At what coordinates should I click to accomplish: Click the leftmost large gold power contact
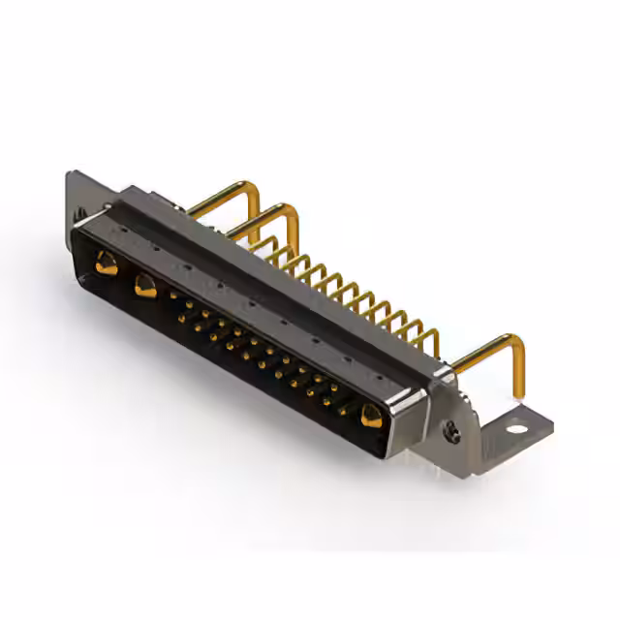click(x=107, y=263)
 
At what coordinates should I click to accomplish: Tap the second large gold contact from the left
click(x=145, y=285)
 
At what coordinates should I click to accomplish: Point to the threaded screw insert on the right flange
click(x=452, y=434)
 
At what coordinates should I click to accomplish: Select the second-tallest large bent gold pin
click(x=265, y=219)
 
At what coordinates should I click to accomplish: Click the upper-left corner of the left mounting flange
click(x=70, y=175)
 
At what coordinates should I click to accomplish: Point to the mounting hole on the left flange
click(x=80, y=210)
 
